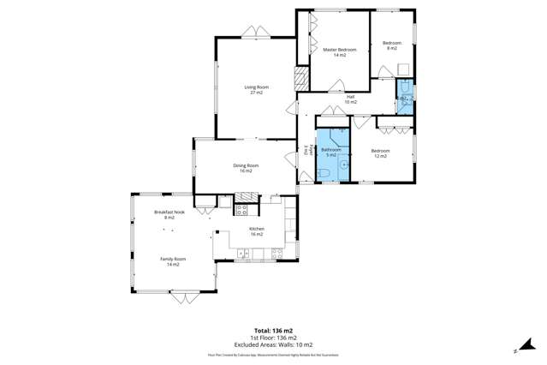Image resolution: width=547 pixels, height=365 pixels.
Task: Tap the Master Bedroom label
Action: pos(339,52)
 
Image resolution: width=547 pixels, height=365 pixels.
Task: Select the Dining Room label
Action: pos(246,168)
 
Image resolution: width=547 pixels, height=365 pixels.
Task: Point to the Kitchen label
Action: pos(257,230)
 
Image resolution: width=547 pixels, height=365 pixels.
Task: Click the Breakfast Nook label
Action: pos(164,214)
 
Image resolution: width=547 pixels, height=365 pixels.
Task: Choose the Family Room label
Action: pos(173,260)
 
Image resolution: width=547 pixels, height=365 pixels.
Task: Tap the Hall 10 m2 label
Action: pos(350,99)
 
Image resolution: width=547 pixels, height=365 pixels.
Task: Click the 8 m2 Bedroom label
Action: pos(391,45)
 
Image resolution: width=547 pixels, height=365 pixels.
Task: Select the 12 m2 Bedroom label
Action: pos(379,153)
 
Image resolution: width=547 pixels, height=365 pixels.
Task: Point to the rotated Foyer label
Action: pos(305,153)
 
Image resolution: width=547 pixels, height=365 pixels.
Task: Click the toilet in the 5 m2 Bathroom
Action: pos(323,174)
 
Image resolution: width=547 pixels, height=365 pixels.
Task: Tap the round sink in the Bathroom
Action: pos(344,163)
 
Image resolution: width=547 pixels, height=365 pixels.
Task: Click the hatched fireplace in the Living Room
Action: pos(300,81)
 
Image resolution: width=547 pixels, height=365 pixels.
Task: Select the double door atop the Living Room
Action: pos(254,33)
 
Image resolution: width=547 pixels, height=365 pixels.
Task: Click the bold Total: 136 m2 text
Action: pos(273,330)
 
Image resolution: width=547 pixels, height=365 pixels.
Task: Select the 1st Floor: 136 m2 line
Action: pos(273,337)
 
